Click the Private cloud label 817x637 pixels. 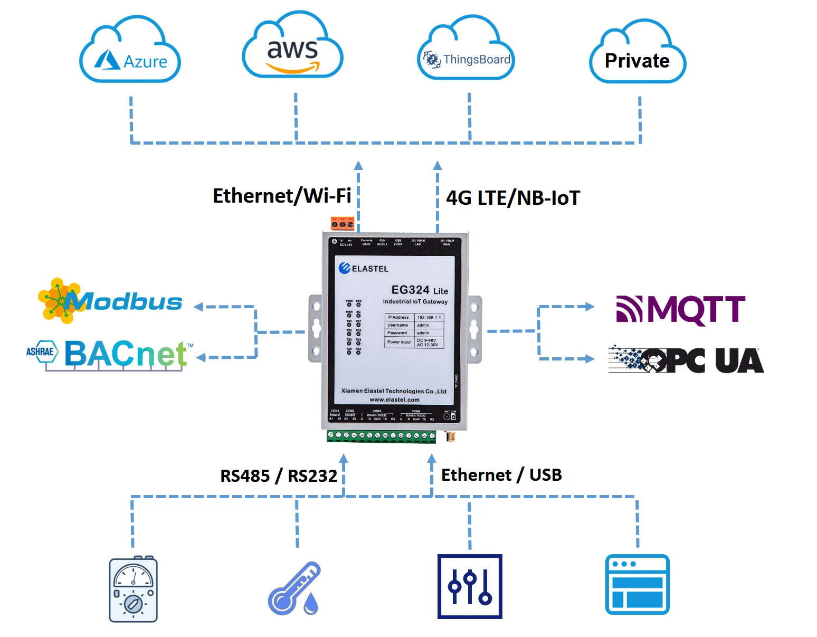coord(637,60)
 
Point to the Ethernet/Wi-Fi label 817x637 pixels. coord(282,196)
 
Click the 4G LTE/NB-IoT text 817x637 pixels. coord(512,198)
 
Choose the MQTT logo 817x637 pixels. coord(680,309)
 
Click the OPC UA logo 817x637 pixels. coord(686,360)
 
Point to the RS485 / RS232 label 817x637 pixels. coord(278,476)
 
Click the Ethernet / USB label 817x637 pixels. coord(501,475)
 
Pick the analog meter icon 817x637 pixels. coord(133,589)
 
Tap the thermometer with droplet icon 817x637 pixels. coord(294,589)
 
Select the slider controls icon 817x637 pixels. coord(470,586)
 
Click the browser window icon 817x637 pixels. coord(637,584)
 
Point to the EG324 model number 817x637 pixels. coord(411,290)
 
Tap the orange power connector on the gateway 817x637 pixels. coord(343,224)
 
